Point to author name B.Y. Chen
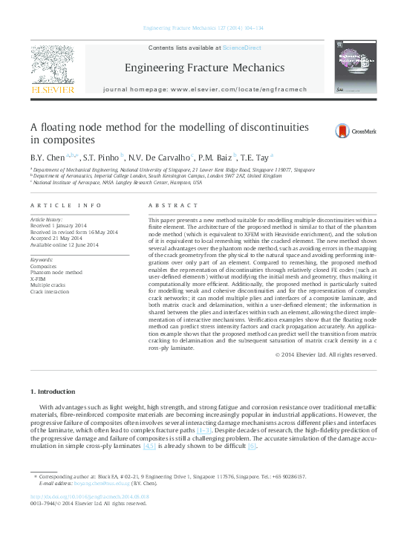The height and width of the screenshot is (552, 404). point(46,158)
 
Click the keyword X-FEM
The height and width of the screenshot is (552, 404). point(38,279)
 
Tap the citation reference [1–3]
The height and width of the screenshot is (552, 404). point(203,430)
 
